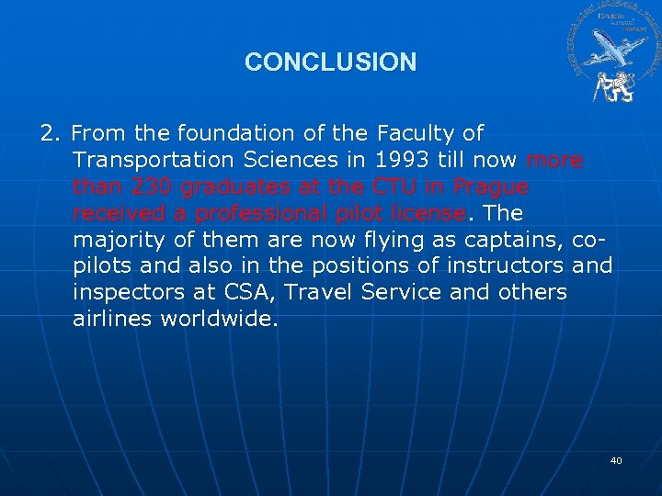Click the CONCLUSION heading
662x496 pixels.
point(330,62)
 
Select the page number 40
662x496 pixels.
point(616,460)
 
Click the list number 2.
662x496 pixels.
point(50,134)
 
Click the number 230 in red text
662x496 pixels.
point(145,187)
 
